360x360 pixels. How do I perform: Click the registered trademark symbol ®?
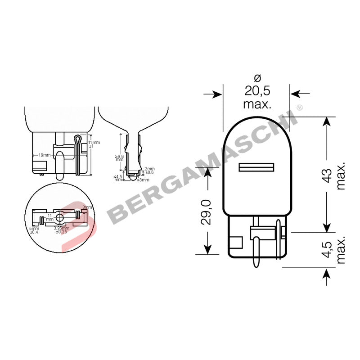300,108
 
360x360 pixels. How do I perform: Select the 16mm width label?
44,155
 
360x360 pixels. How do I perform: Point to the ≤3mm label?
143,180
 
